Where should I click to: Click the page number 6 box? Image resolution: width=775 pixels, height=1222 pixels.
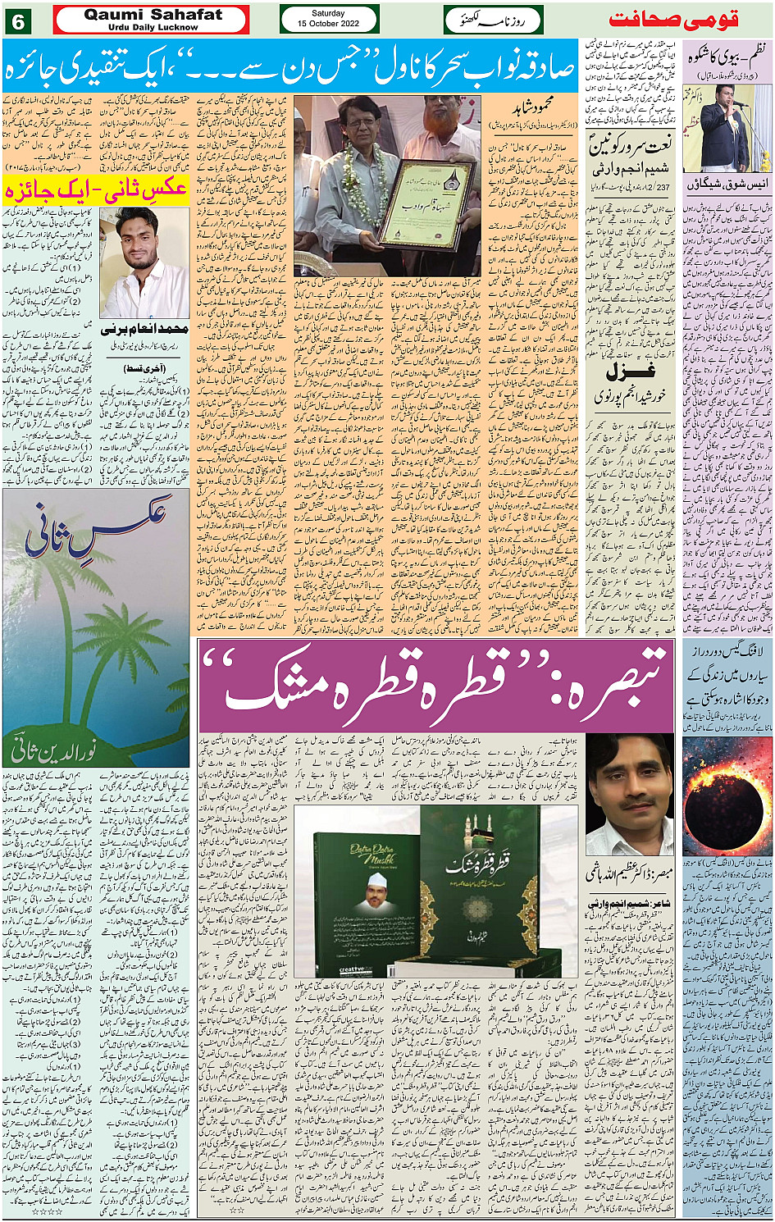click(17, 21)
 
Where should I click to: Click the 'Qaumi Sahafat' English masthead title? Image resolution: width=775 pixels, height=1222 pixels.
click(153, 14)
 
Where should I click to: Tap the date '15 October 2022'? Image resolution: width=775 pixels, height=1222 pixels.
click(328, 24)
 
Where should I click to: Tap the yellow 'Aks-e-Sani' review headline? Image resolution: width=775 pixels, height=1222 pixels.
click(97, 189)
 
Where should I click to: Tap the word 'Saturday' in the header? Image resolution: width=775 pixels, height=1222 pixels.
click(328, 13)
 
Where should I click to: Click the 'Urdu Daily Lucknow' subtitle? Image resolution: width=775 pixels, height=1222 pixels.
click(153, 27)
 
